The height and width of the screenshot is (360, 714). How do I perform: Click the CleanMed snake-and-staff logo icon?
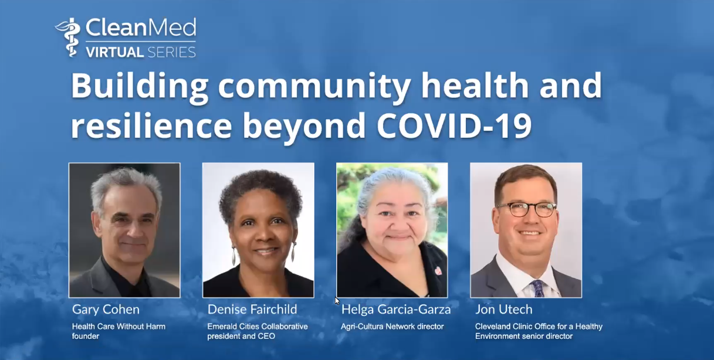pyautogui.click(x=69, y=38)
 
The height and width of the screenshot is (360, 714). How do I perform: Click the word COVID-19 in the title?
pyautogui.click(x=454, y=125)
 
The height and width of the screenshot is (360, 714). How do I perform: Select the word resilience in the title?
pyautogui.click(x=151, y=125)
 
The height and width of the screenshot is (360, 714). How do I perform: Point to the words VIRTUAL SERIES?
pyautogui.click(x=141, y=52)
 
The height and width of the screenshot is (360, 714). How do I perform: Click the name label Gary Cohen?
pyautogui.click(x=106, y=310)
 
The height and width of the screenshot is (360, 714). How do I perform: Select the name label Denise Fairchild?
pyautogui.click(x=252, y=310)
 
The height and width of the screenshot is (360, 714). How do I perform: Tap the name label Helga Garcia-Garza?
pyautogui.click(x=396, y=310)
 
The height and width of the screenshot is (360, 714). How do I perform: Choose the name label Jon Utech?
pyautogui.click(x=503, y=310)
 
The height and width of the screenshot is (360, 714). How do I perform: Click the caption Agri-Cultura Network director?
pyautogui.click(x=392, y=327)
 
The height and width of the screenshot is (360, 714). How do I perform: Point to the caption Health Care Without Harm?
pyautogui.click(x=119, y=327)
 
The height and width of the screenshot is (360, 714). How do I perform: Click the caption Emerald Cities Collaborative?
pyautogui.click(x=258, y=327)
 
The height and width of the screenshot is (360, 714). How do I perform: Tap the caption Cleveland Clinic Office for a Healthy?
pyautogui.click(x=539, y=327)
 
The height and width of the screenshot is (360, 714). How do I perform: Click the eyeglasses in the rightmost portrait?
pyautogui.click(x=527, y=209)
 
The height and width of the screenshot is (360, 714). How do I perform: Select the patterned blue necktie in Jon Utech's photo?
pyautogui.click(x=538, y=288)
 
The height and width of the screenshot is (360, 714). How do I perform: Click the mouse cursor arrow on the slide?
pyautogui.click(x=337, y=301)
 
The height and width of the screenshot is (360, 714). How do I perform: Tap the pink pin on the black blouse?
pyautogui.click(x=438, y=271)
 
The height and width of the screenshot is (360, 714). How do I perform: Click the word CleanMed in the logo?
pyautogui.click(x=141, y=28)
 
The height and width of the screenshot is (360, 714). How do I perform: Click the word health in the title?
pyautogui.click(x=475, y=85)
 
